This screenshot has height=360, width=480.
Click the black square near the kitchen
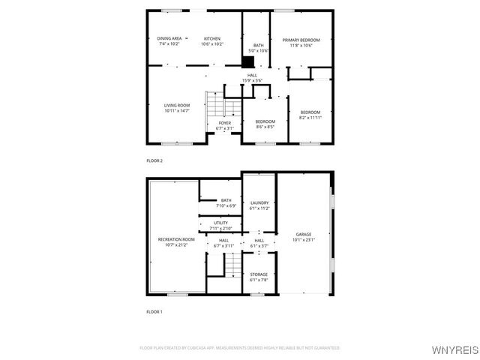[253, 62]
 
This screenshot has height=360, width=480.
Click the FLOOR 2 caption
[154, 160]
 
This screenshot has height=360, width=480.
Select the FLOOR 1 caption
[154, 311]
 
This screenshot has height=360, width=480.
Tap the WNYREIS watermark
[454, 350]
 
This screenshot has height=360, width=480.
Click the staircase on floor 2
[216, 103]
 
